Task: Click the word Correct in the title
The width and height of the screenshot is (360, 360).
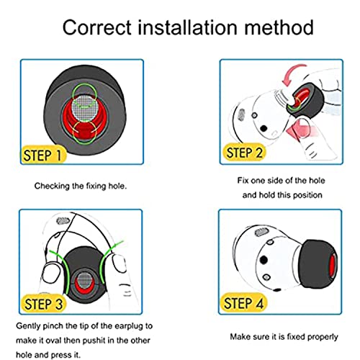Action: pos(97,27)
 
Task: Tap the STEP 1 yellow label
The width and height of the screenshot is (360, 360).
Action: pos(42,155)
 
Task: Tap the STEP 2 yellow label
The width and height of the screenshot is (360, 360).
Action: pos(244,153)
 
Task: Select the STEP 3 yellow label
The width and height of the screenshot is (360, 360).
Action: pos(43,304)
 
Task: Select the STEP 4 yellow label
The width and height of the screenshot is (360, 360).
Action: pos(243,303)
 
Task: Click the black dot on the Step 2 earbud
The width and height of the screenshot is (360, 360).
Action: pos(264,128)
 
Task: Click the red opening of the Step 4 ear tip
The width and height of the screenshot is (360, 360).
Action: pos(333,266)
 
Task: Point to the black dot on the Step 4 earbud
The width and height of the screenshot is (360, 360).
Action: pos(264,260)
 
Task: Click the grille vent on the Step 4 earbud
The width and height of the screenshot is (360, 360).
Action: pos(261,232)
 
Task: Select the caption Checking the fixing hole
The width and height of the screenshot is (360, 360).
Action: pos(81,186)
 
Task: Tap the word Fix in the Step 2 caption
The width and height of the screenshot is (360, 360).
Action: pos(243,181)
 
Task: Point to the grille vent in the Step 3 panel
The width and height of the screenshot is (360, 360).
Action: pos(63,221)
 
